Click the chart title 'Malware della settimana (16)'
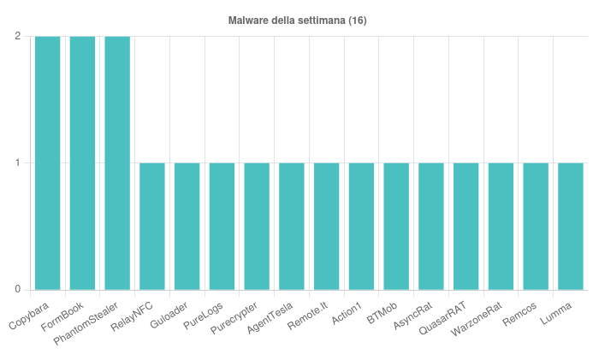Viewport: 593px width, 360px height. click(x=297, y=20)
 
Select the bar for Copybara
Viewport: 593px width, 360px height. click(x=48, y=162)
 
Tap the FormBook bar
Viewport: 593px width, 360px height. click(x=83, y=162)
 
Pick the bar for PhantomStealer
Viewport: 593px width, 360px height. click(x=117, y=162)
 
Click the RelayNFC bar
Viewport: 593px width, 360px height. click(x=152, y=226)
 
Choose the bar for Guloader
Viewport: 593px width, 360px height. click(x=187, y=226)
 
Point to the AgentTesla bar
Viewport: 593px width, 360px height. click(x=292, y=226)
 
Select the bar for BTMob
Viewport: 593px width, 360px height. click(x=396, y=226)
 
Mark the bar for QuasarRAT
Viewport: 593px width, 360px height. click(x=466, y=226)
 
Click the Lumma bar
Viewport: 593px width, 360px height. click(x=571, y=226)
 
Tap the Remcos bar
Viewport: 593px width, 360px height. click(x=536, y=226)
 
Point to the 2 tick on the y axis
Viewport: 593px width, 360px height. click(x=18, y=36)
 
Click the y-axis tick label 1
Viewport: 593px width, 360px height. click(x=18, y=162)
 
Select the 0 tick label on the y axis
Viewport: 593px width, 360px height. click(x=18, y=289)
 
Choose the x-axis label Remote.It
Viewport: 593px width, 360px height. click(x=308, y=314)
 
